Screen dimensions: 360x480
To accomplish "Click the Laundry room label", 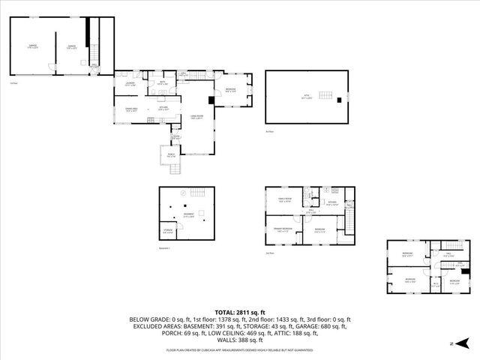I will click(x=130, y=85).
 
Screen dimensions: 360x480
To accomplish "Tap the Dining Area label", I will click(x=130, y=111).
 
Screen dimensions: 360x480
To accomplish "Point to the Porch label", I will click(x=170, y=156).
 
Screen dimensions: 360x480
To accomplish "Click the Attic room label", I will click(x=307, y=98).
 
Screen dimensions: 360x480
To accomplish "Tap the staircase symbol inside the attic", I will click(x=326, y=95).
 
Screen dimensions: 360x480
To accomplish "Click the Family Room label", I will click(x=284, y=201).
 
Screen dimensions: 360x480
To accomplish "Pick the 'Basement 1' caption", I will click(x=166, y=248).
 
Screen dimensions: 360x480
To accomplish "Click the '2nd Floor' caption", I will click(x=270, y=253).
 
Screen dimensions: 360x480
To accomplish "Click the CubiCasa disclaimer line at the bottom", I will click(x=240, y=349).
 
